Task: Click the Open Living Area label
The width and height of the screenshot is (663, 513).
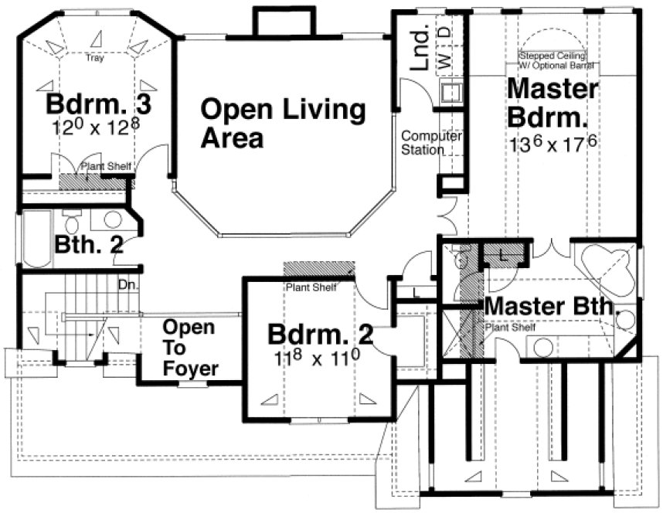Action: tap(282, 124)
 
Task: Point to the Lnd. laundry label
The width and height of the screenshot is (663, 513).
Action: tap(420, 51)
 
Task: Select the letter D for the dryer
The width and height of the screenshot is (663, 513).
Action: tap(447, 33)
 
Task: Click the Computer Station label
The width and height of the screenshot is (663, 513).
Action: tap(430, 143)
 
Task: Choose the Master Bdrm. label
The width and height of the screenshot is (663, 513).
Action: tap(552, 104)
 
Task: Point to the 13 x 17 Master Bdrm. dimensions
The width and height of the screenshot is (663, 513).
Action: tap(552, 143)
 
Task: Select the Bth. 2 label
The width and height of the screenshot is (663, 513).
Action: tap(89, 245)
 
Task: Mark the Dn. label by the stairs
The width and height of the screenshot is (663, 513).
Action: tap(126, 284)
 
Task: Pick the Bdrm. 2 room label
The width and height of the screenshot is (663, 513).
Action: tap(320, 335)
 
